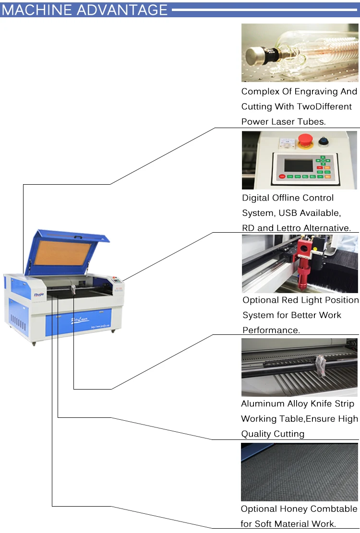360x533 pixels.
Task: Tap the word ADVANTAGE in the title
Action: coord(122,10)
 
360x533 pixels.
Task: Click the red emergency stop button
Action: coord(305,141)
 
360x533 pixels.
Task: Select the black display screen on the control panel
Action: coord(299,166)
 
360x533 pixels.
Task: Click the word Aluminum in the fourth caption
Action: coord(263,404)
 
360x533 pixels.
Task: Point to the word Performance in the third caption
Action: coord(271,331)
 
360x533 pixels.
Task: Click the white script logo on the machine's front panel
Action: coord(80,320)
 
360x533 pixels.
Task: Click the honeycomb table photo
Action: coord(300,472)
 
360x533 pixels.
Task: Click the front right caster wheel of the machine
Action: coord(113,331)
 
